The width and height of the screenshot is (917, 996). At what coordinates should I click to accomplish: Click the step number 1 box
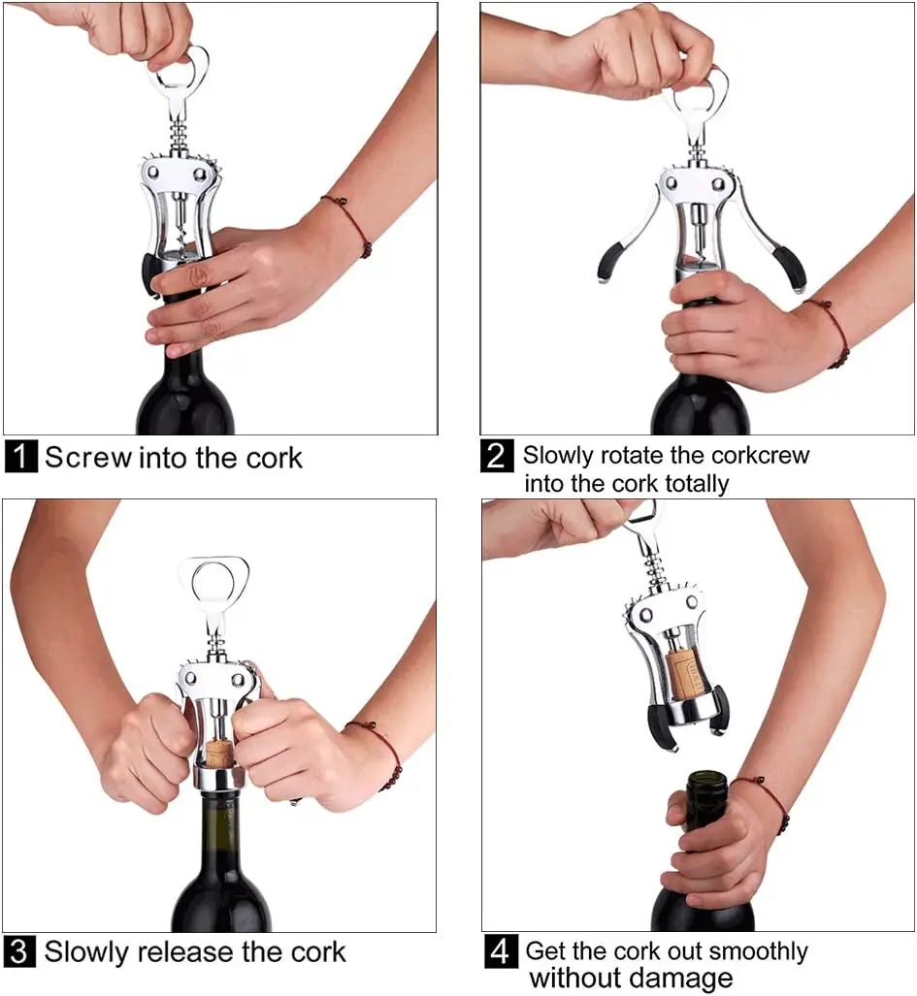point(20,456)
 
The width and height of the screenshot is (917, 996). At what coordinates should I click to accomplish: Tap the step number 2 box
point(496,456)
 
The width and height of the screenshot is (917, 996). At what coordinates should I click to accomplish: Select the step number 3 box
point(20,951)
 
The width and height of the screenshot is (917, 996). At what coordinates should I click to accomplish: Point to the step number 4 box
point(500,951)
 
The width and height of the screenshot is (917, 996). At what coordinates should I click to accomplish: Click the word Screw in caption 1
point(87,457)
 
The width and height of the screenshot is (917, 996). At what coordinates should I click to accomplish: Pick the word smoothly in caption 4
point(753,950)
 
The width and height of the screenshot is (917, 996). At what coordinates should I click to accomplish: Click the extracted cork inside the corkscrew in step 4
point(683,670)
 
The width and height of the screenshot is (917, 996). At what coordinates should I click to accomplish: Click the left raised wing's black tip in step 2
point(609,263)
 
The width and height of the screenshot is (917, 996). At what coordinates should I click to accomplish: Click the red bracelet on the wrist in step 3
point(382,751)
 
